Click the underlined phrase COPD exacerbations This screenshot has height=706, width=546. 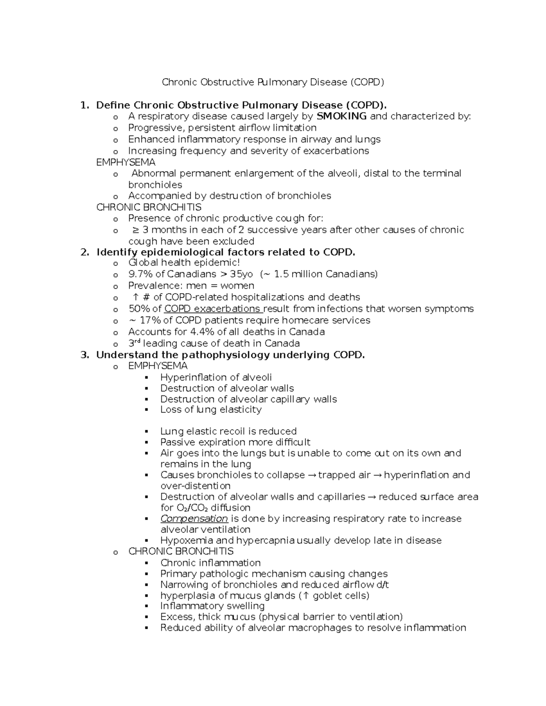(x=212, y=309)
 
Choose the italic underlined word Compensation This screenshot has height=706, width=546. (x=194, y=519)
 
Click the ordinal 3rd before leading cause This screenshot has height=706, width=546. (x=134, y=343)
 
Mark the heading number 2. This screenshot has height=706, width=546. (x=84, y=252)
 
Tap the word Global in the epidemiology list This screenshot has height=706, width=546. (x=143, y=263)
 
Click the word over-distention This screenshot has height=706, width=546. (x=195, y=486)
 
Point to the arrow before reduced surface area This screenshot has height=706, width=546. (x=371, y=497)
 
